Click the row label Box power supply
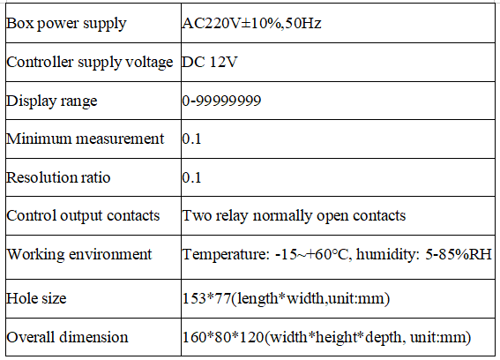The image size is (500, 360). (66, 24)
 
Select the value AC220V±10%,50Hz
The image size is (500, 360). (251, 23)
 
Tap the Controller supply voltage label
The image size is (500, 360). (90, 63)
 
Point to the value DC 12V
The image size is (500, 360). (210, 62)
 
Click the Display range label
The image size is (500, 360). (52, 101)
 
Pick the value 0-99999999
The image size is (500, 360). (221, 101)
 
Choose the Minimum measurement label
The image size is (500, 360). (86, 139)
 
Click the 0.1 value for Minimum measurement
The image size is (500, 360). (191, 139)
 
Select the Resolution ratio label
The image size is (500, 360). (58, 177)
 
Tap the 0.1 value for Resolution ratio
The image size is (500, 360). (191, 177)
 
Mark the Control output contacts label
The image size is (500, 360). (83, 216)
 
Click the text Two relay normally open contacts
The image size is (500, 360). (294, 216)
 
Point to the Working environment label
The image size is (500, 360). (79, 254)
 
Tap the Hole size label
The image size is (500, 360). (36, 299)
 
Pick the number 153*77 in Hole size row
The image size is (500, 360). (206, 298)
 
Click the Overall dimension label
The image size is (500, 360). (67, 337)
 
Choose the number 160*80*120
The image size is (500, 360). (223, 337)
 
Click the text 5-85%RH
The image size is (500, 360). (459, 254)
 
